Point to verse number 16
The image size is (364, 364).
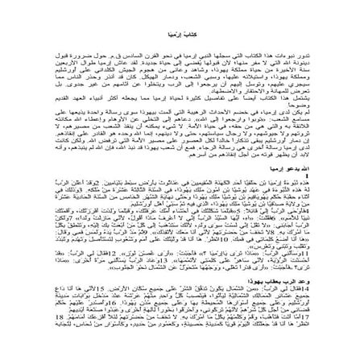click(140, 318)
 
